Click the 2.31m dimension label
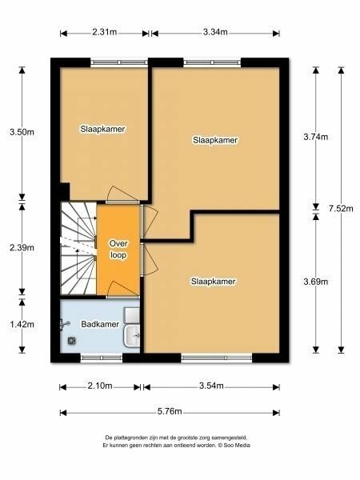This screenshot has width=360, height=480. (x=104, y=32)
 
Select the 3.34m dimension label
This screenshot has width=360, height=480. (x=215, y=32)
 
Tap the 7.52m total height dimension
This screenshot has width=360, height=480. (x=341, y=209)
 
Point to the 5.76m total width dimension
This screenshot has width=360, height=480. (x=170, y=411)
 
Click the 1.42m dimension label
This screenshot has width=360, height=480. (x=22, y=324)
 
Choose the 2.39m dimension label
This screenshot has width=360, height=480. (x=22, y=247)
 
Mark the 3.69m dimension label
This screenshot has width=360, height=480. (x=316, y=282)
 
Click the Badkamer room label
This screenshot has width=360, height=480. (x=100, y=324)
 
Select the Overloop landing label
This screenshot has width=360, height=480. (x=118, y=249)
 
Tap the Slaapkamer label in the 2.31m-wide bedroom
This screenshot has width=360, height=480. (x=102, y=129)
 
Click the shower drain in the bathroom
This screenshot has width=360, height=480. (x=72, y=341)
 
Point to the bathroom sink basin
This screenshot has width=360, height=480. (x=132, y=336)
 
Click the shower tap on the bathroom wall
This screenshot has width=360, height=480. (x=65, y=324)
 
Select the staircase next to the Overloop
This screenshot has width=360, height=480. (x=79, y=248)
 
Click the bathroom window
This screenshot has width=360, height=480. (x=102, y=358)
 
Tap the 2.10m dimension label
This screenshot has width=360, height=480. (x=100, y=386)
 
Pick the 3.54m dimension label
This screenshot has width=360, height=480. (x=211, y=386)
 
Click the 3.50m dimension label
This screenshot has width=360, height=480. (x=22, y=132)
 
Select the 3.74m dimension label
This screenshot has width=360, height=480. (x=316, y=137)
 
